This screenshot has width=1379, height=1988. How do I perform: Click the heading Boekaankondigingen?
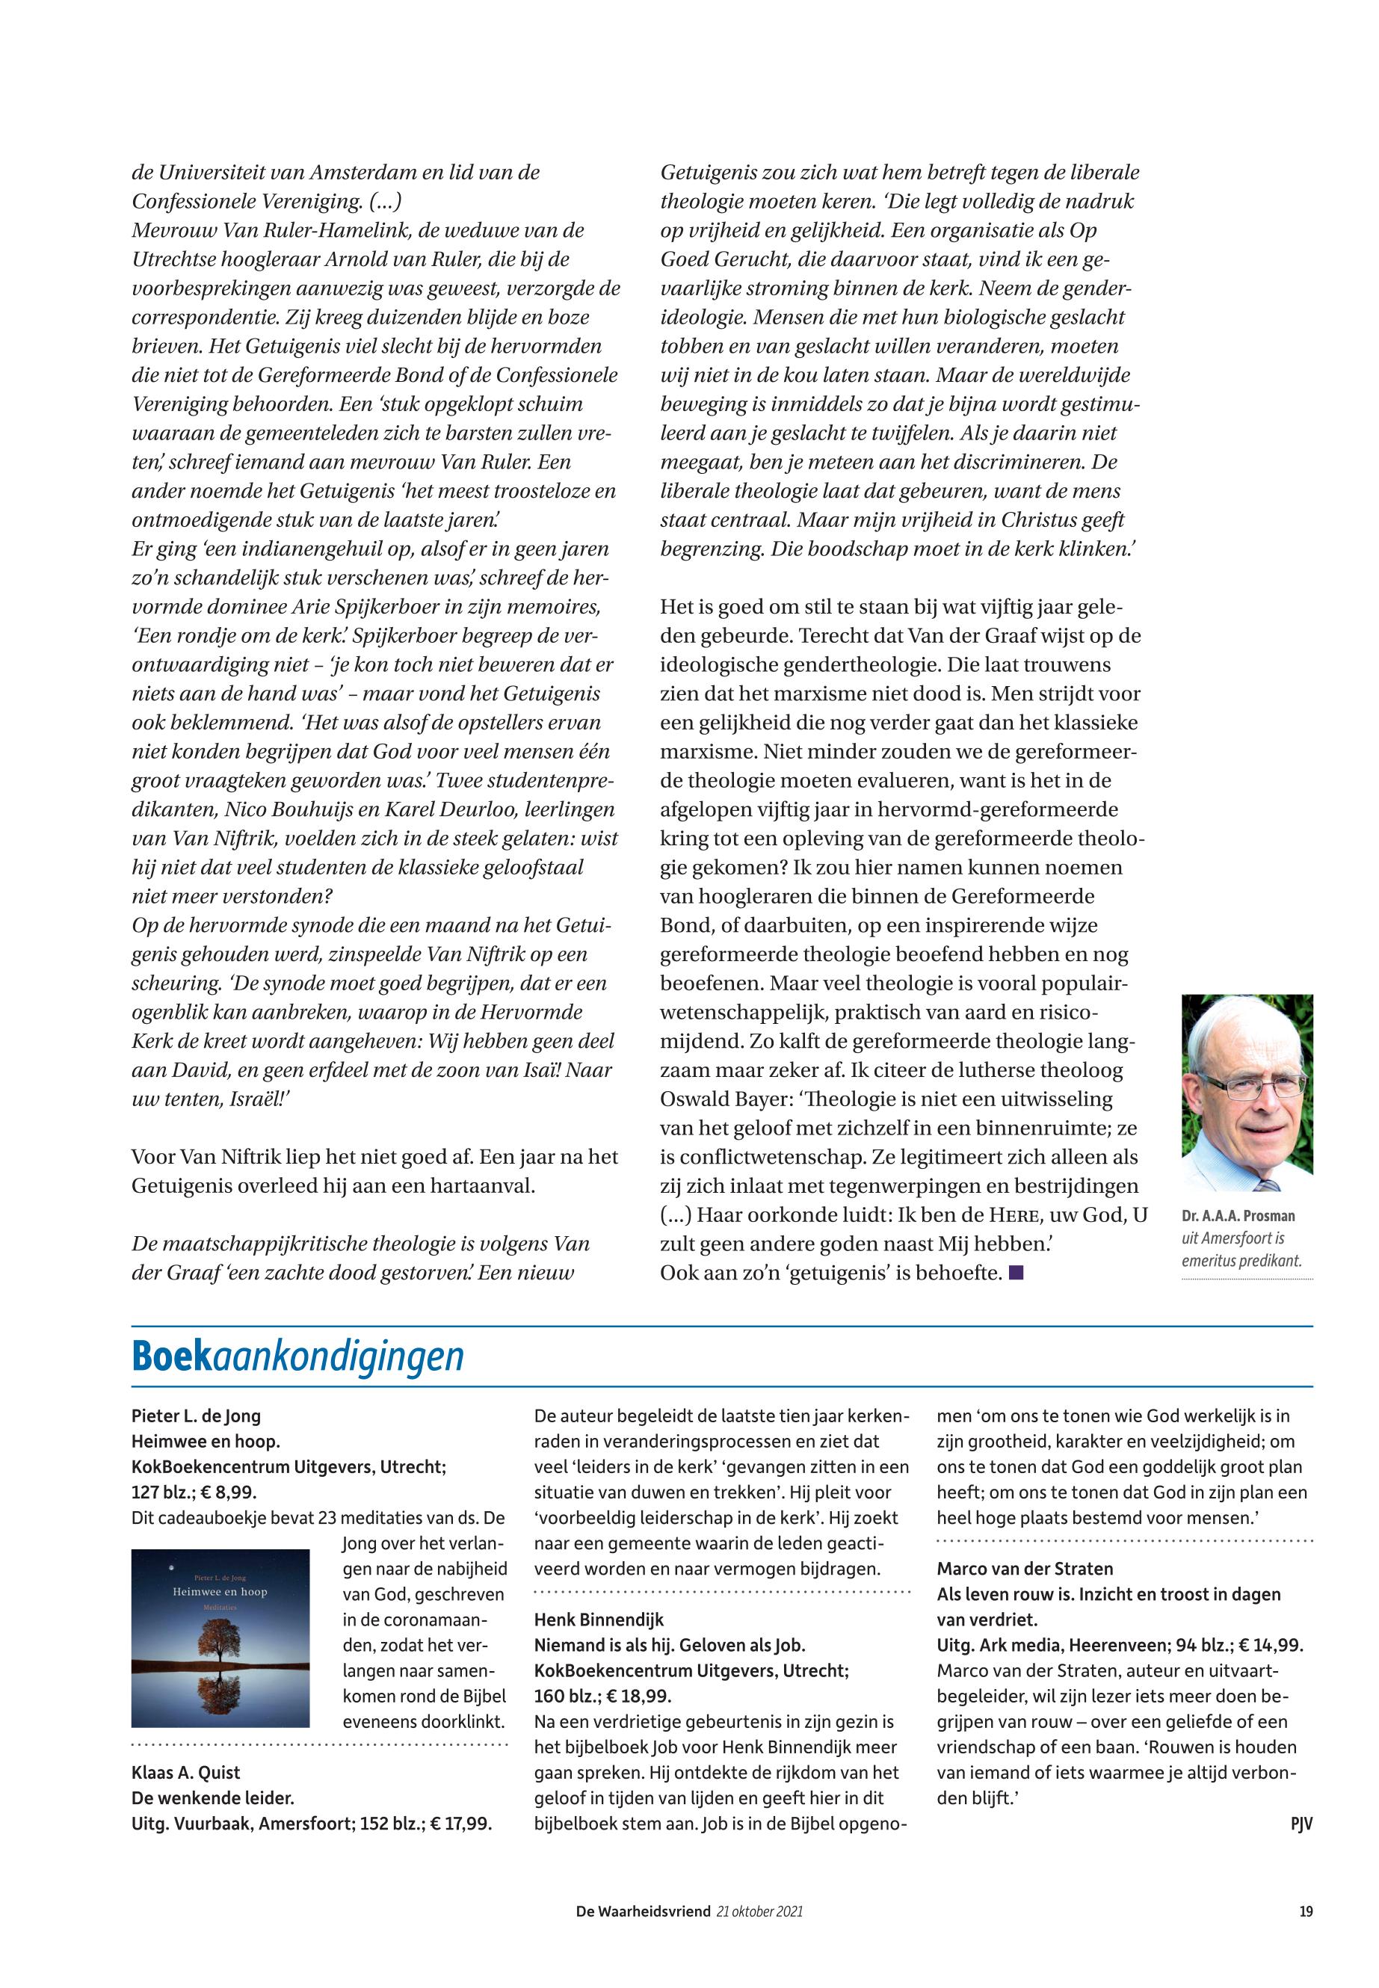tap(297, 1356)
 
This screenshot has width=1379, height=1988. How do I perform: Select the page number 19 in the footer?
tap(1306, 1911)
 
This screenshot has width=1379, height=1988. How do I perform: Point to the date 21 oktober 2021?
tap(759, 1911)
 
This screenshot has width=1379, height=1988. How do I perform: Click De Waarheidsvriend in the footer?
tap(644, 1911)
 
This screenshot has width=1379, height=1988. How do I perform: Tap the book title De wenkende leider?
tap(212, 1798)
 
